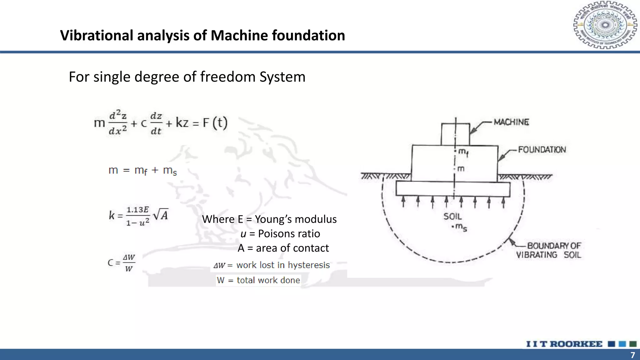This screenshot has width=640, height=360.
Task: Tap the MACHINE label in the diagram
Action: pos(511,122)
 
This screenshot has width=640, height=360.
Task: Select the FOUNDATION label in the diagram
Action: pos(542,150)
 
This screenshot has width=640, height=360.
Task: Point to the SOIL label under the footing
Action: pos(452,216)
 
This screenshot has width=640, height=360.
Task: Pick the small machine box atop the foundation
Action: pos(455,134)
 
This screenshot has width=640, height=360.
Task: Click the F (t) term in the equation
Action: pos(215,122)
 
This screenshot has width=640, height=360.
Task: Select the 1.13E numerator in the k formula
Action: pos(137,209)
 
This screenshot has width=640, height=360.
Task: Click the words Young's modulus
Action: pos(296,219)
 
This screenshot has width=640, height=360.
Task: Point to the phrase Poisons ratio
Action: pos(289,234)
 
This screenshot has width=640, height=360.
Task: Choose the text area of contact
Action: pos(292,248)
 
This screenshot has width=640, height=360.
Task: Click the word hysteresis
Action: pos(309,265)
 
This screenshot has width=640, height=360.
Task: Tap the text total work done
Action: pos(268,280)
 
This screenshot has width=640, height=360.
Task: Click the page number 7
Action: pos(632,355)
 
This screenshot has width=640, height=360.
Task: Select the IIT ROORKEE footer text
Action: pos(564,344)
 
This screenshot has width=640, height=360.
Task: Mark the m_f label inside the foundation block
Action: pos(463,152)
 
